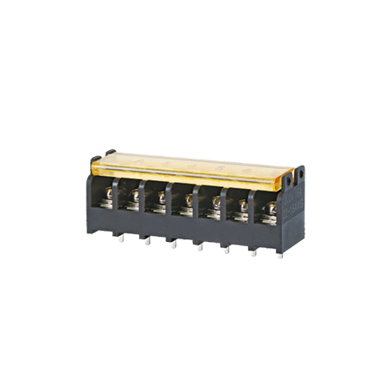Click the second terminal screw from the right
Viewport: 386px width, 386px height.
point(242,205)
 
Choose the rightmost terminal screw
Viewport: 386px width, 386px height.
point(269,207)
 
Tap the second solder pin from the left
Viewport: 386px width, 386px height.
point(147,240)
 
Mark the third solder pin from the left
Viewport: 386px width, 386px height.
point(173,244)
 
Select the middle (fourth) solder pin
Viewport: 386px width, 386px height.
point(200,246)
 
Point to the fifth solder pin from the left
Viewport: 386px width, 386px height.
point(226,250)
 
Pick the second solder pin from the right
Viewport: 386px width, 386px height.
point(254,253)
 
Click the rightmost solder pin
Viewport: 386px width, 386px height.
point(280,255)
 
